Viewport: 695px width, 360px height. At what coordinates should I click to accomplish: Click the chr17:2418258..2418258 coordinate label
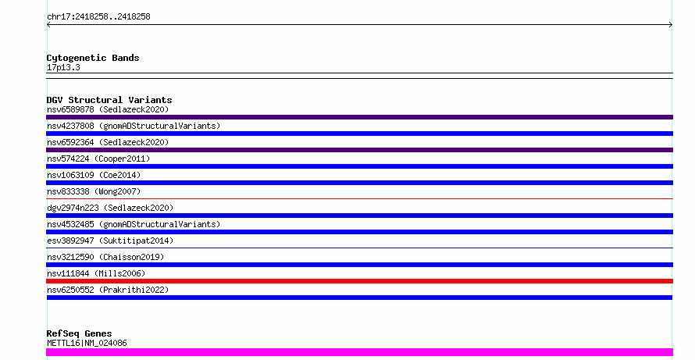coord(98,17)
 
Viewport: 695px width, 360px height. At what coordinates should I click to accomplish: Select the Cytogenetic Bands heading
coord(93,58)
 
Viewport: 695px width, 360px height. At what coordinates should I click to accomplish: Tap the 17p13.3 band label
coord(63,68)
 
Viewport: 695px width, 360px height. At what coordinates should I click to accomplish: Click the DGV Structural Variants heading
coord(109,100)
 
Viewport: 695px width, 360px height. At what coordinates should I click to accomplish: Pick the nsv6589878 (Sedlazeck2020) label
coord(108,109)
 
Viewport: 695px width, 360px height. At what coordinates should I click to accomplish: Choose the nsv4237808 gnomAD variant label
coord(134,126)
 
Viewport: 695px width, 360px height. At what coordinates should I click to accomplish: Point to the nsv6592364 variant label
coord(108,142)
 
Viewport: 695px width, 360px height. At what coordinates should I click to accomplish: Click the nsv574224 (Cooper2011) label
coord(98,159)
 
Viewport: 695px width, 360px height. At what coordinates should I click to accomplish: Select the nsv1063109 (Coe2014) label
coord(94,175)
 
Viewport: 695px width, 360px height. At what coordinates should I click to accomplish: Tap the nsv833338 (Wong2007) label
coord(94,191)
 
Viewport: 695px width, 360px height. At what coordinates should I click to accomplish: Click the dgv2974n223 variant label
coord(110,208)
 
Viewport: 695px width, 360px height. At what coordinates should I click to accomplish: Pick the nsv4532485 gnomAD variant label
coord(134,224)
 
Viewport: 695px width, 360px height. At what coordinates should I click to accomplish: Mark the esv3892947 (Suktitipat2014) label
coord(110,241)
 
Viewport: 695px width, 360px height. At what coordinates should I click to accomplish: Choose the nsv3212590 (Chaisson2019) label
coord(105,257)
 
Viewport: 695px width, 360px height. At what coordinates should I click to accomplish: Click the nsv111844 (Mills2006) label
coord(96,273)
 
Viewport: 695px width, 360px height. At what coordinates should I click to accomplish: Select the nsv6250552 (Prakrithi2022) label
coord(108,290)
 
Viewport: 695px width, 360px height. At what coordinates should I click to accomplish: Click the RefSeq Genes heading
coord(80,333)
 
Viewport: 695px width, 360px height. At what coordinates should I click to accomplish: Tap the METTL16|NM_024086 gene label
coord(87,343)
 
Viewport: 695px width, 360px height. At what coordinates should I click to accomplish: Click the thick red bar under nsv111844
coord(359,281)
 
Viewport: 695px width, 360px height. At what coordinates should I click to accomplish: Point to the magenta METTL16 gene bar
coord(359,352)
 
